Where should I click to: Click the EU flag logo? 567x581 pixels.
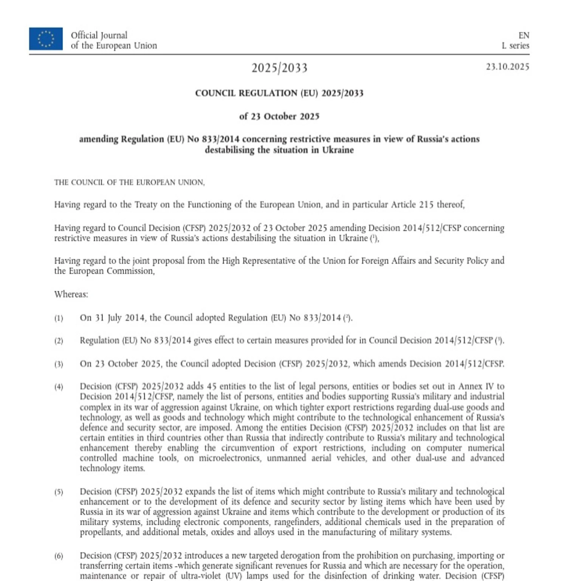click(x=46, y=39)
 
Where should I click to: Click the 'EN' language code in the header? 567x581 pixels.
click(x=524, y=36)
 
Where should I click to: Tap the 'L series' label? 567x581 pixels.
click(x=515, y=46)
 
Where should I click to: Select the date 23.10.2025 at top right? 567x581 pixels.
click(x=507, y=67)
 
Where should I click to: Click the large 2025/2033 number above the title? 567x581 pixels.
click(x=279, y=68)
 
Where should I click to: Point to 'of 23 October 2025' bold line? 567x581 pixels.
click(x=279, y=116)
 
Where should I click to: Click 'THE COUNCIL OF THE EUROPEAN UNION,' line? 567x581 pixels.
click(x=129, y=183)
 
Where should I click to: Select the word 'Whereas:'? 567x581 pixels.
click(x=71, y=294)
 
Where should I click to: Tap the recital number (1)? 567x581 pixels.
click(x=59, y=318)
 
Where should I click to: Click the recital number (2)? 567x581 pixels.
click(x=59, y=341)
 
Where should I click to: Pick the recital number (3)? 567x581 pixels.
click(x=59, y=364)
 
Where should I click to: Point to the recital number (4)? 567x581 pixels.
click(x=59, y=387)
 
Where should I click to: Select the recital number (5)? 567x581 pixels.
click(x=59, y=492)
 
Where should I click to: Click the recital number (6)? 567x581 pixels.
click(x=59, y=556)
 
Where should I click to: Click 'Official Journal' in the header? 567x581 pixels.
click(x=99, y=36)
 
